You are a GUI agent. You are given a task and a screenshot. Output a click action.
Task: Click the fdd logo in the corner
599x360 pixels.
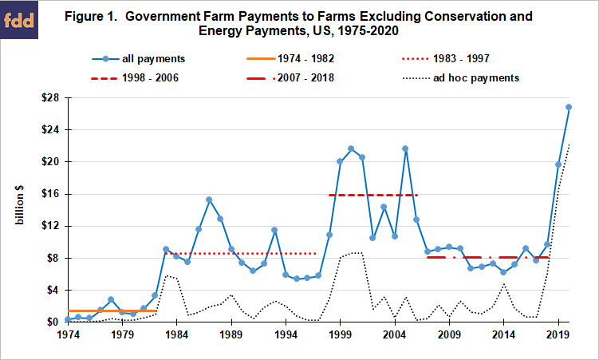[x=19, y=19]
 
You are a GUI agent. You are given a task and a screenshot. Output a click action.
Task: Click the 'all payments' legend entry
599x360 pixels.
[x=138, y=59]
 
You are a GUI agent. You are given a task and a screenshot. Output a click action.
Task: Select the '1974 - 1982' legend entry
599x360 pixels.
[x=290, y=58]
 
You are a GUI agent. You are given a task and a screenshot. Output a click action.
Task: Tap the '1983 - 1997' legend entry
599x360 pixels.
[x=446, y=58]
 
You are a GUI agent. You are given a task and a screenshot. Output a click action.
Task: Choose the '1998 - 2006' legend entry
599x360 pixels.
[x=135, y=78]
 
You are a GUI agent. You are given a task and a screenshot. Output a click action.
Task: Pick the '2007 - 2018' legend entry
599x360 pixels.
[x=290, y=78]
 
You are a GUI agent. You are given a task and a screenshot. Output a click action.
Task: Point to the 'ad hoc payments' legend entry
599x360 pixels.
[x=461, y=78]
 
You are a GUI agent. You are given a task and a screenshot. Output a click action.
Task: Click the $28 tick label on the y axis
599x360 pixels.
[x=51, y=98]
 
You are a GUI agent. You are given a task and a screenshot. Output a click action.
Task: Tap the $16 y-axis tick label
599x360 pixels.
[x=51, y=194]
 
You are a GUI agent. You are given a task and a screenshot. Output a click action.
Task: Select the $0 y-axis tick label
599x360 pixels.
[x=53, y=322]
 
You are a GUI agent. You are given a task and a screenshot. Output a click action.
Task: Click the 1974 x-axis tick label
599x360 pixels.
[x=68, y=334]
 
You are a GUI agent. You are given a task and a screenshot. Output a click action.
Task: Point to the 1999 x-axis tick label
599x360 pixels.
[x=340, y=334]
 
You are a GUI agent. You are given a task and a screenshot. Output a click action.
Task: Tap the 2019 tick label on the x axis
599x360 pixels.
[x=558, y=334]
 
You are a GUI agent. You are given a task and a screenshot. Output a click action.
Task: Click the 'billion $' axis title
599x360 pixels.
[x=19, y=205]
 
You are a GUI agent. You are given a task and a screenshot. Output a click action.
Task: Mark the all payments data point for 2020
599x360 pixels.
[x=569, y=107]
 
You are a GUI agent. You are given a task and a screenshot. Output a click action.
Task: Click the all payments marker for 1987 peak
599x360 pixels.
[x=209, y=200]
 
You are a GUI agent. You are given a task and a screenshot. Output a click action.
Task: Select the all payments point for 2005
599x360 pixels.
[x=405, y=148]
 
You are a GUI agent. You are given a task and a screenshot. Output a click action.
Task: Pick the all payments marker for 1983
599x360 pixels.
[x=166, y=249]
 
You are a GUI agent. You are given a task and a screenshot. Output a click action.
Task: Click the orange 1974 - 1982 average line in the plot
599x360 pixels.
[x=112, y=311]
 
